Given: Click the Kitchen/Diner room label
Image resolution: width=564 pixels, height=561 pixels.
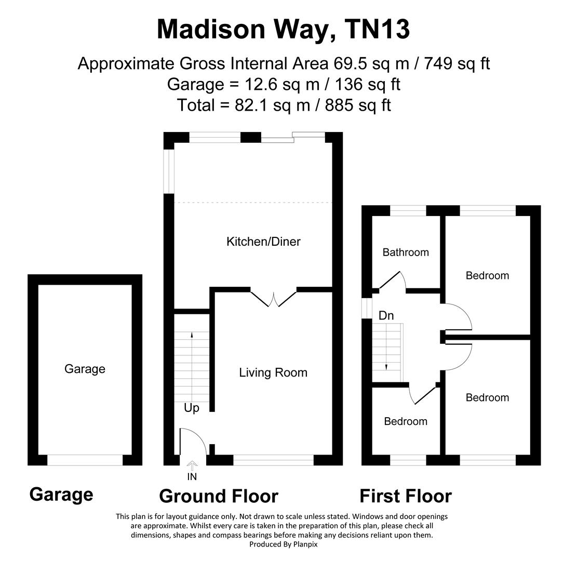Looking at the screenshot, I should [x=263, y=242].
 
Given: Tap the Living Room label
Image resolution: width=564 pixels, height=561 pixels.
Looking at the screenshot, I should [x=273, y=372].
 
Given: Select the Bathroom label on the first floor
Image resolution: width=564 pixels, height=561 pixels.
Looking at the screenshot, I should [x=406, y=252].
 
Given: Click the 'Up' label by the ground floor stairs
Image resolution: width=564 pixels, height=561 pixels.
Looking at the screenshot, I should [x=192, y=408].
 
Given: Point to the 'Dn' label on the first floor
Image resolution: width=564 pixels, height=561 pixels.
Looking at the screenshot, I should [x=386, y=315].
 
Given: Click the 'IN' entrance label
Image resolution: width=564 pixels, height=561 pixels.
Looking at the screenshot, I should [x=192, y=476].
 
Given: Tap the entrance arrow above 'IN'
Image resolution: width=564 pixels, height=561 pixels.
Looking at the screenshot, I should [x=192, y=465].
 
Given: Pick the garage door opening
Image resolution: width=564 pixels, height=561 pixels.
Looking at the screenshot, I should [x=85, y=460].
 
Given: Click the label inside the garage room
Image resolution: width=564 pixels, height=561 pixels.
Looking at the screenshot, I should [x=85, y=369].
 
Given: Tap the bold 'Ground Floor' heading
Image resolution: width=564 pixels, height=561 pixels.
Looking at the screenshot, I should [x=219, y=496].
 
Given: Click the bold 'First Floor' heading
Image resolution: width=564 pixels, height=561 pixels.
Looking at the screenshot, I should [x=406, y=496].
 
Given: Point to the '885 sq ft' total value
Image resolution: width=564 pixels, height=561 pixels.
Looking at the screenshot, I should [x=358, y=105].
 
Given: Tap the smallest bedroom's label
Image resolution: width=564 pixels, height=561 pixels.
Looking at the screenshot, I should [x=406, y=421].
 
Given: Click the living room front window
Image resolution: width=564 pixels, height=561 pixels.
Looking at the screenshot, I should [x=274, y=460].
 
